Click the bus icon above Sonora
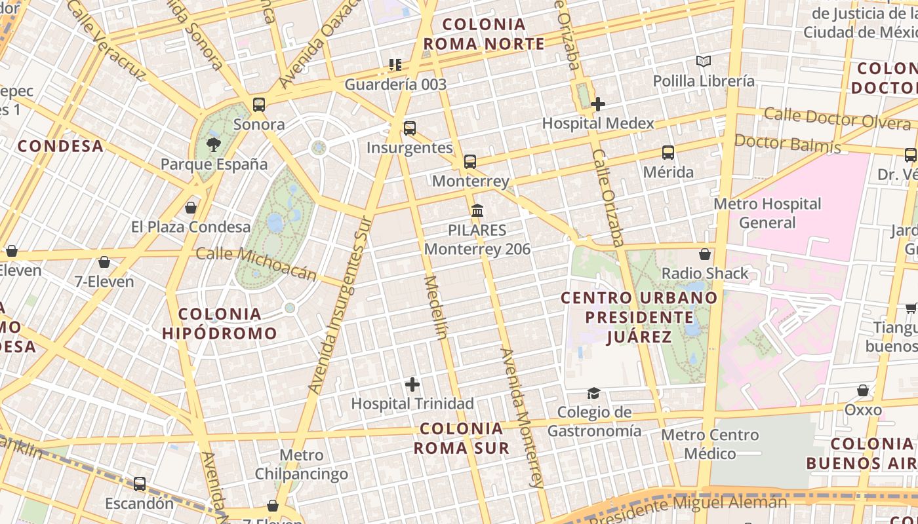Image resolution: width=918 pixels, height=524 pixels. point(259,105)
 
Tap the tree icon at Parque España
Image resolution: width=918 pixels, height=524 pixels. point(213,144)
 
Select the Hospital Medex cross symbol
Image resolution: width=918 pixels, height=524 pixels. point(597,103)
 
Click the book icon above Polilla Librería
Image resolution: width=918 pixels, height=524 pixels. point(704,62)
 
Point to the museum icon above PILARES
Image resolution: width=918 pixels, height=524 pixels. point(477,211)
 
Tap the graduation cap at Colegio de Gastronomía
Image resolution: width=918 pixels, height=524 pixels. point(593,393)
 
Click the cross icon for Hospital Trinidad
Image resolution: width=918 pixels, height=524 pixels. point(412,384)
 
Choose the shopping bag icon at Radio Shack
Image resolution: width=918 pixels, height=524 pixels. point(705,254)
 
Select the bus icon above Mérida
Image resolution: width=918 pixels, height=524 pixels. point(668,153)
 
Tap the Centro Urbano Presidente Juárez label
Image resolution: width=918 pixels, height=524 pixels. point(639,318)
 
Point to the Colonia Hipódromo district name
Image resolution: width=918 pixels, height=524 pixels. point(220,324)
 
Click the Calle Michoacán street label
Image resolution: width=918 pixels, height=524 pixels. point(256,263)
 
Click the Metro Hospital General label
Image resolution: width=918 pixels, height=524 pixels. point(767,213)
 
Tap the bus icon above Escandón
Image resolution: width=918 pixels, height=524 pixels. point(140,484)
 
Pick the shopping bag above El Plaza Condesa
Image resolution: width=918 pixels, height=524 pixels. point(191,208)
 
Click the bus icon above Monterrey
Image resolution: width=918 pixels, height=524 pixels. point(470,162)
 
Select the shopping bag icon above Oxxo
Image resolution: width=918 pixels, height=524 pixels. point(863,390)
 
